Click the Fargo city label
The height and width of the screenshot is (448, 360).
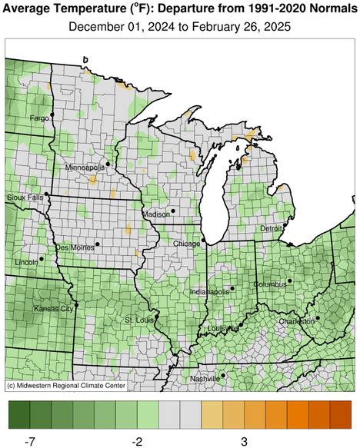pyautogui.click(x=39, y=118)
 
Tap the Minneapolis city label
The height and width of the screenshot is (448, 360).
pyautogui.click(x=85, y=167)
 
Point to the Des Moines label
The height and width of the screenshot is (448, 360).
pyautogui.click(x=74, y=247)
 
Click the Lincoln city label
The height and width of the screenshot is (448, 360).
pyautogui.click(x=27, y=262)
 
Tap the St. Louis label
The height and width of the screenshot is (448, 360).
pyautogui.click(x=138, y=319)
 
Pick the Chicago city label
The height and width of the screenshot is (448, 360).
pyautogui.click(x=186, y=244)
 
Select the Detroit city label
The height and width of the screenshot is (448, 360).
pyautogui.click(x=272, y=228)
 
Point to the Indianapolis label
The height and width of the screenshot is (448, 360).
pyautogui.click(x=209, y=292)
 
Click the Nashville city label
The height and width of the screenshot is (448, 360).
pyautogui.click(x=205, y=379)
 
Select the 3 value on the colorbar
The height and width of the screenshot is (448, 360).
pyautogui.click(x=243, y=440)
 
